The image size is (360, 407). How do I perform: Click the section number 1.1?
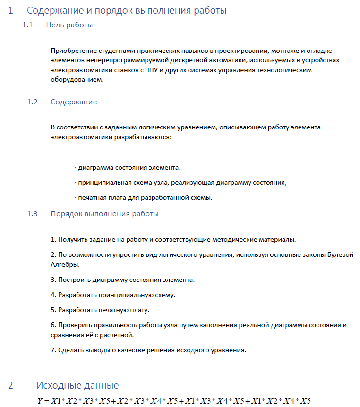(27, 25)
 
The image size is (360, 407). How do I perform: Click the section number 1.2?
(32, 102)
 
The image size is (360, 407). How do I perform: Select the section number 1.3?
(32, 214)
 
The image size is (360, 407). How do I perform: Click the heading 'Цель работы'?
(69, 25)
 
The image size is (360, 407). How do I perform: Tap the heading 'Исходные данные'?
(77, 385)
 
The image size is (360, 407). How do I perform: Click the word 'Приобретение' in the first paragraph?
(74, 51)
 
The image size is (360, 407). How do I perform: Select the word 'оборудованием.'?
(77, 80)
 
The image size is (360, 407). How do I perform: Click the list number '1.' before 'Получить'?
(53, 240)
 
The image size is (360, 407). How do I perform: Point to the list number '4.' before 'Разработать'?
(53, 295)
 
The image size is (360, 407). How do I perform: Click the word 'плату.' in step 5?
(139, 310)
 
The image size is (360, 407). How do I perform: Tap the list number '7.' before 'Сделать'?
(53, 350)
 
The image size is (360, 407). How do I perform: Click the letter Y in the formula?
(40, 401)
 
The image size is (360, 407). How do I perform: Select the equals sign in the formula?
(47, 401)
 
